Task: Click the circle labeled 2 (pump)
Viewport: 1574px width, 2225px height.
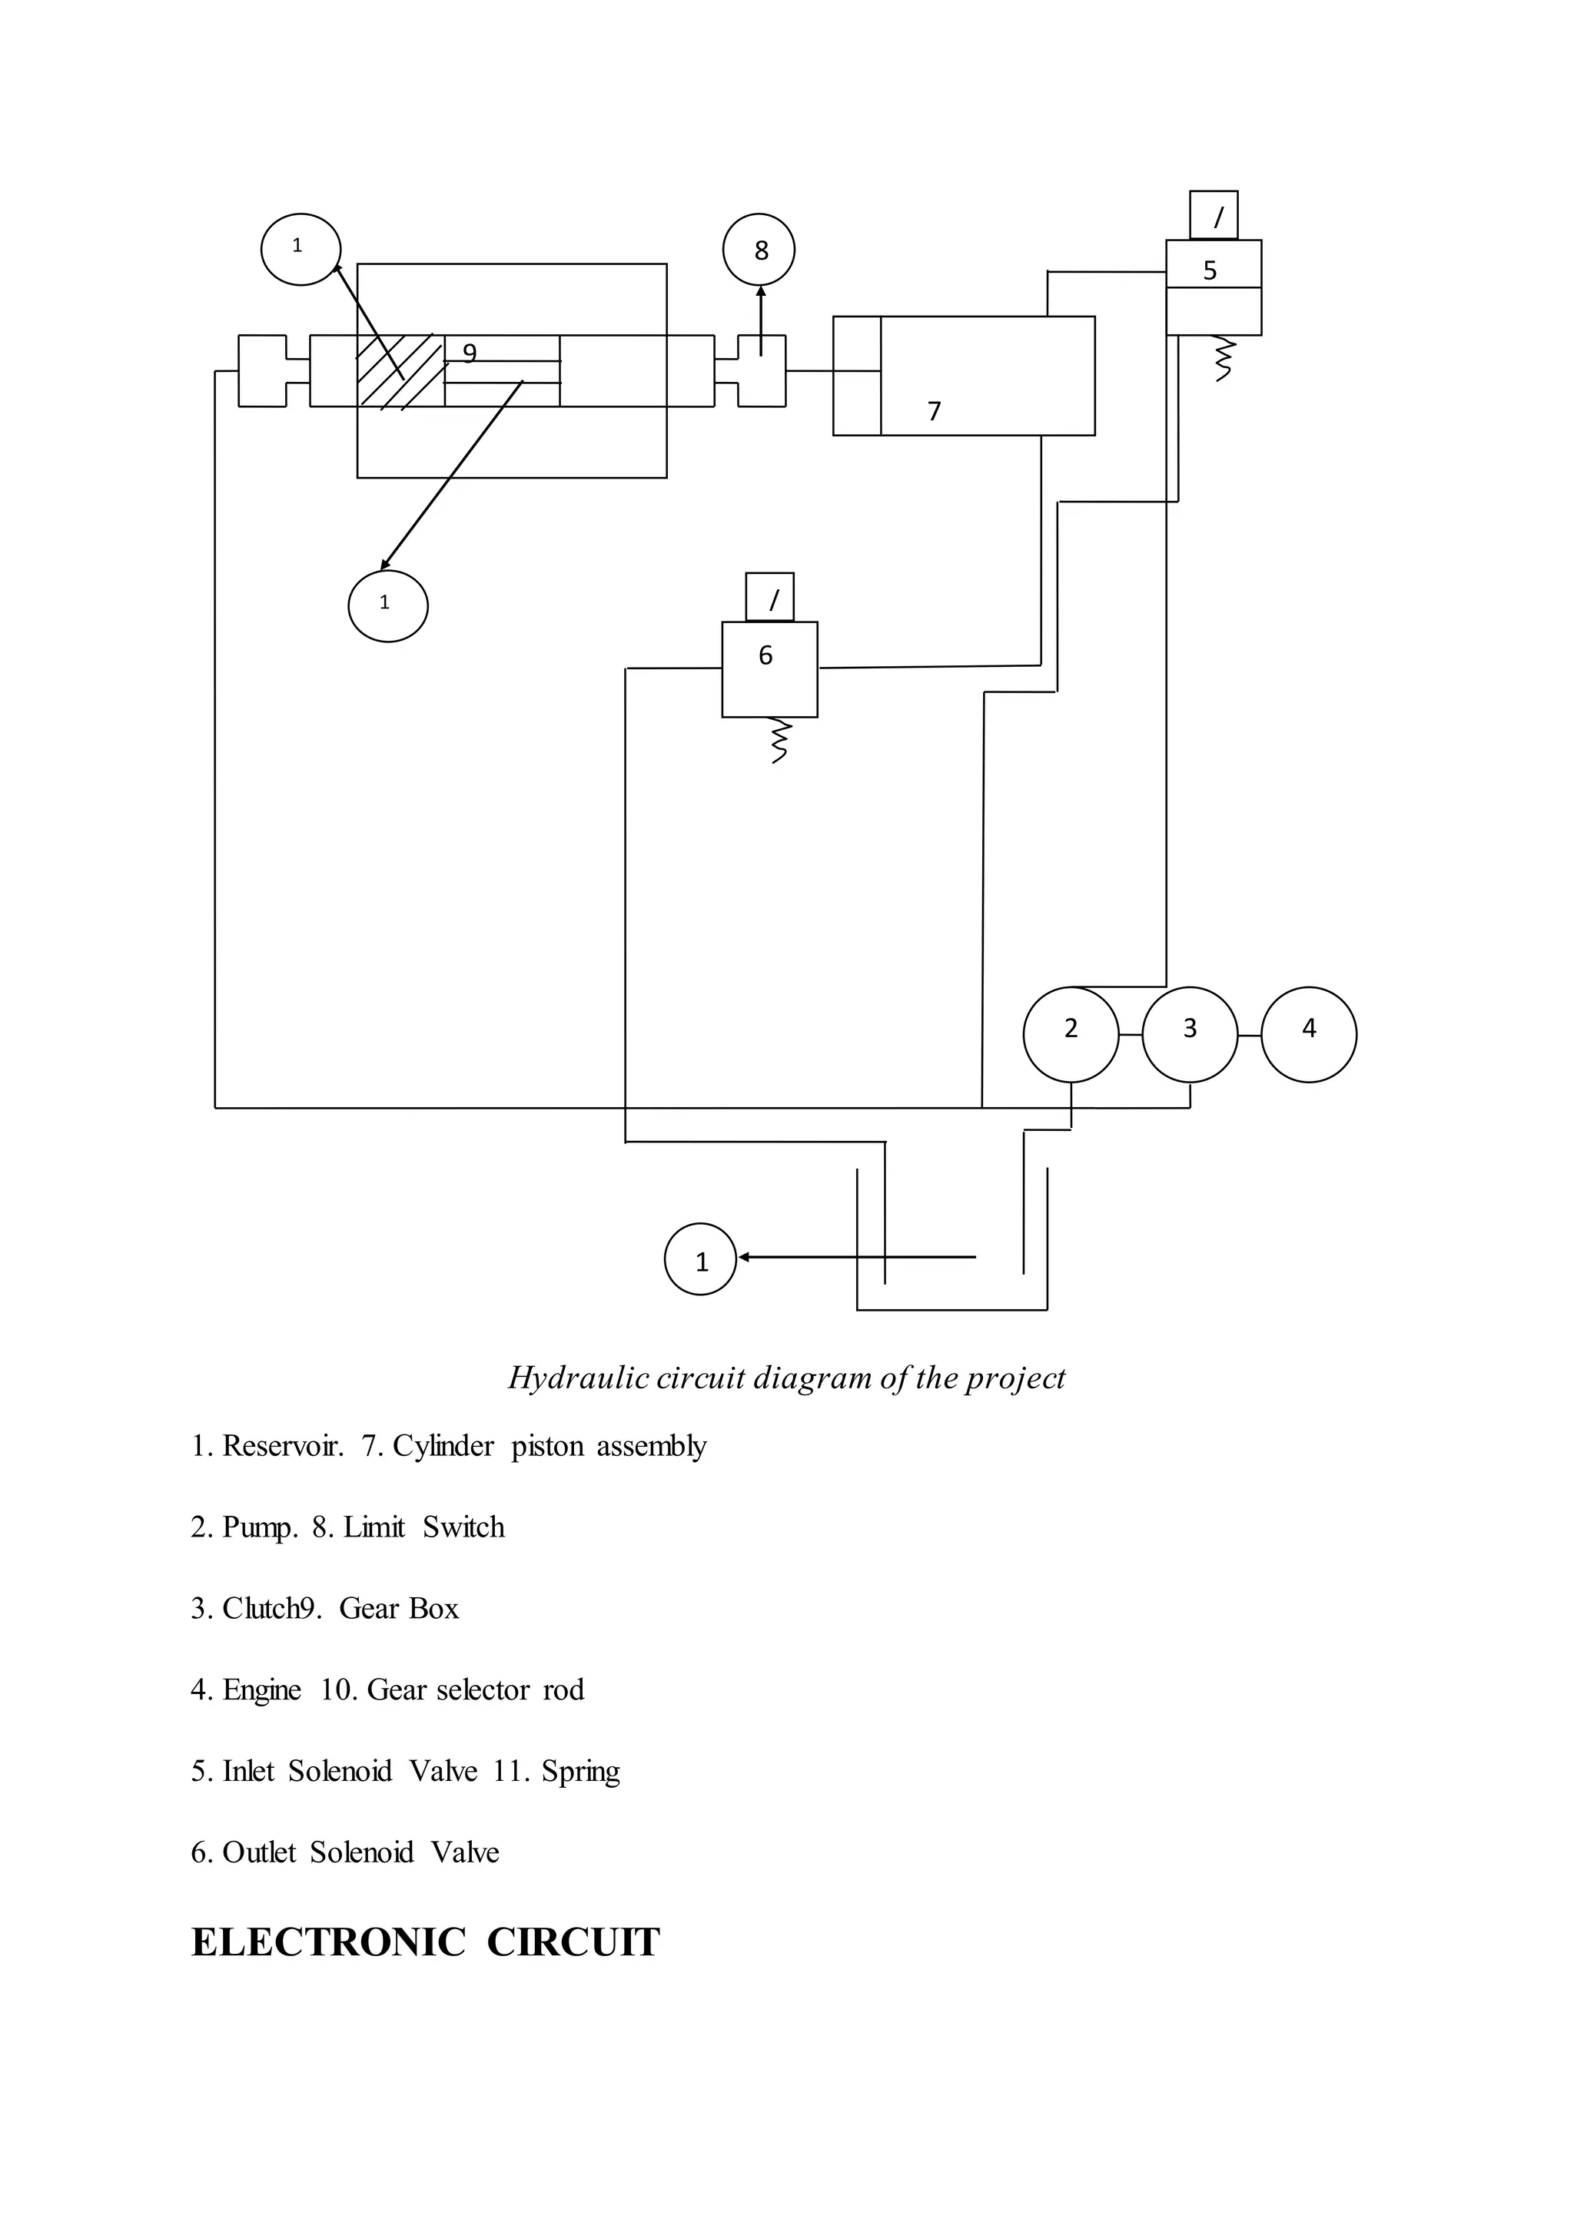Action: (x=1070, y=1034)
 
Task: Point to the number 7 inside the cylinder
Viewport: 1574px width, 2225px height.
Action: (x=935, y=412)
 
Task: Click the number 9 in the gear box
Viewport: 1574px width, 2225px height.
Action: (x=469, y=353)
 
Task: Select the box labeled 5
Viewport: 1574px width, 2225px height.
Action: (x=1213, y=287)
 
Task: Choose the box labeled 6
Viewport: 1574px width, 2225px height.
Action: (x=769, y=668)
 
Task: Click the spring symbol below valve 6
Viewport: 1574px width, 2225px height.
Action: (x=779, y=741)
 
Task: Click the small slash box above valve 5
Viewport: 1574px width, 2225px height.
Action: (x=1214, y=215)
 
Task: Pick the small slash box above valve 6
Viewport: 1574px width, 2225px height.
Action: (x=769, y=597)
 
